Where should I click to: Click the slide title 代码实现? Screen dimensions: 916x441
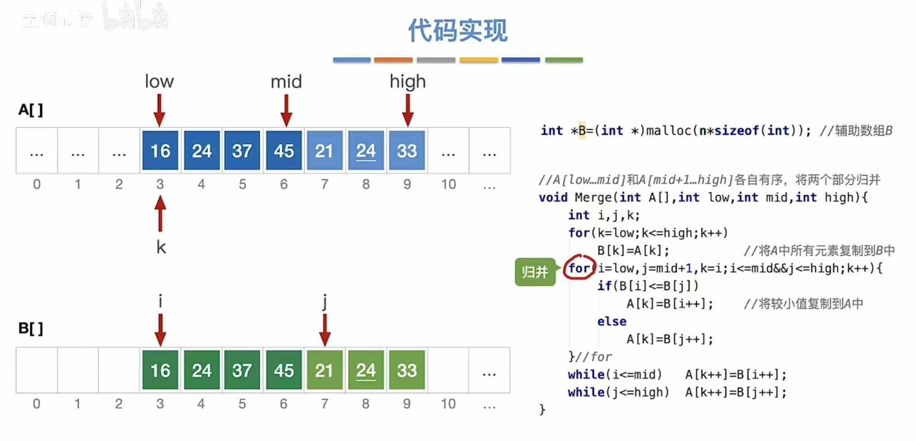[458, 31]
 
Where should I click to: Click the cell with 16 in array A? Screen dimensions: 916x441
[160, 150]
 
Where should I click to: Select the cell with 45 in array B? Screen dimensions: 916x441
[283, 370]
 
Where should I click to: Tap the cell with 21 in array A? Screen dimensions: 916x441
[324, 150]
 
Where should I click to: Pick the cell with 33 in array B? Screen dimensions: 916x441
[407, 370]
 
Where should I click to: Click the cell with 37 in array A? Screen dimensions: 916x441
[242, 150]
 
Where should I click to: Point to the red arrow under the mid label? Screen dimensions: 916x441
[286, 110]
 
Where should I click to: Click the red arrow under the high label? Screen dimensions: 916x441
[407, 110]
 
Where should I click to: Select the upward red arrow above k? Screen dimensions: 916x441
[160, 213]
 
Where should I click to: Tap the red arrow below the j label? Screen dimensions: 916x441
[324, 330]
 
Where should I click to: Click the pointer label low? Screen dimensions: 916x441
[159, 82]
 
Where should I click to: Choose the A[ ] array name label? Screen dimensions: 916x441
[31, 110]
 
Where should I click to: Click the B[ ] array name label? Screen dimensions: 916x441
[31, 328]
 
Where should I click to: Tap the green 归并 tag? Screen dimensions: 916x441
[535, 272]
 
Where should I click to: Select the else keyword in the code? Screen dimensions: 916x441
[612, 321]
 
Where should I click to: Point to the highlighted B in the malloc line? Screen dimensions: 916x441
[582, 131]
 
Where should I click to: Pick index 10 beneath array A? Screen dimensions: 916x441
[449, 184]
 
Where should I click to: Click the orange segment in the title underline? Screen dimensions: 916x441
[393, 60]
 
